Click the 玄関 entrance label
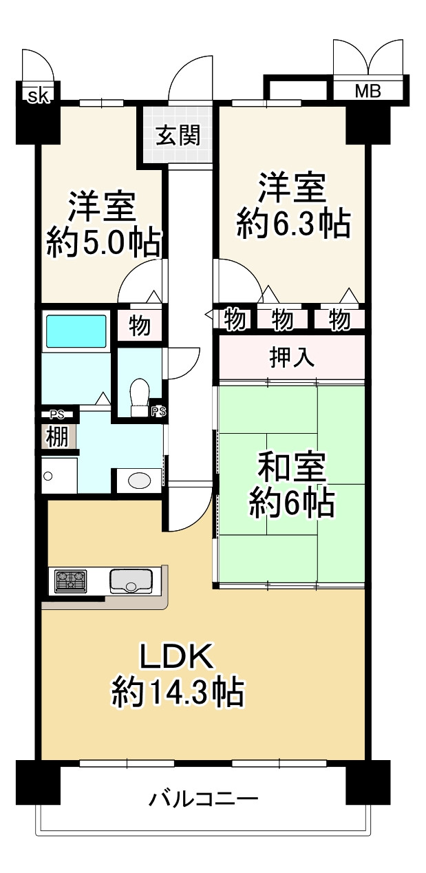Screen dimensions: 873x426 (x=178, y=136)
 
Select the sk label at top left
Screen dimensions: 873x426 (x=38, y=96)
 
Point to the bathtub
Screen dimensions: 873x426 (x=76, y=331)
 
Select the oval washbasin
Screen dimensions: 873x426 (x=140, y=480)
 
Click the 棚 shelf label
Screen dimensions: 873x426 (x=58, y=437)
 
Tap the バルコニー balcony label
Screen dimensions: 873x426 (x=204, y=799)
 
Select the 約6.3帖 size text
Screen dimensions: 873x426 (x=294, y=224)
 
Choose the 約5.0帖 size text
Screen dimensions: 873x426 (x=104, y=242)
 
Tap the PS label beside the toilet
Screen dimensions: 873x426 (x=159, y=412)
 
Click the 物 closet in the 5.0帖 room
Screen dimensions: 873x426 (x=140, y=326)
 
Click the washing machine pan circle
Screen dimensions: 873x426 (x=48, y=476)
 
